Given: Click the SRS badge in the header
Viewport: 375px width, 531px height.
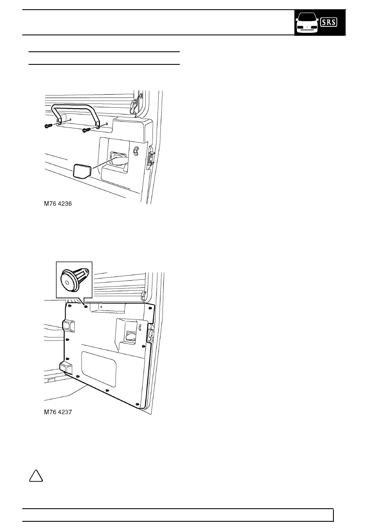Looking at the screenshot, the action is point(329,22).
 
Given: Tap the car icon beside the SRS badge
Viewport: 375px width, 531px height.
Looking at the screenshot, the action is point(307,23).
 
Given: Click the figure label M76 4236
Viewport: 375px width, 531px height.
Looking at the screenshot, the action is point(58,204).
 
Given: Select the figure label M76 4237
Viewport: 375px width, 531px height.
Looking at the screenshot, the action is point(58,412).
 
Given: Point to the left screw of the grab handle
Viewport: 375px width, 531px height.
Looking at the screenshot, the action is point(48,126).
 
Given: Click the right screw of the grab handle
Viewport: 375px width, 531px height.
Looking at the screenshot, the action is point(87,130).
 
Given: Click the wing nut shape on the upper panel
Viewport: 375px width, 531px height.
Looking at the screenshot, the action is point(136,151).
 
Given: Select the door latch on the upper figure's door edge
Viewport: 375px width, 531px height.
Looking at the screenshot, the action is point(151,157).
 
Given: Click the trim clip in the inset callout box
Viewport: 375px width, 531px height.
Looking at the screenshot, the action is point(73,279).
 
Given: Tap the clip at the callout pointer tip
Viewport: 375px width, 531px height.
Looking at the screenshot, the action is point(86,306).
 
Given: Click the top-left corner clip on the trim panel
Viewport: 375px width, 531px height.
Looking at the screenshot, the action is point(70,306).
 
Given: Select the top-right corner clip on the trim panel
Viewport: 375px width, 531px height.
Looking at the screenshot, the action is point(150,308).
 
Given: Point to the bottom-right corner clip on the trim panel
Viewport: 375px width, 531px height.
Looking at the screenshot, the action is point(137,404).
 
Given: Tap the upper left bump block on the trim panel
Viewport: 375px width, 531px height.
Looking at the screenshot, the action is point(68,325).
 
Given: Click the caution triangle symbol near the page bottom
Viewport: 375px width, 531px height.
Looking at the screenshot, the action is point(36,476).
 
